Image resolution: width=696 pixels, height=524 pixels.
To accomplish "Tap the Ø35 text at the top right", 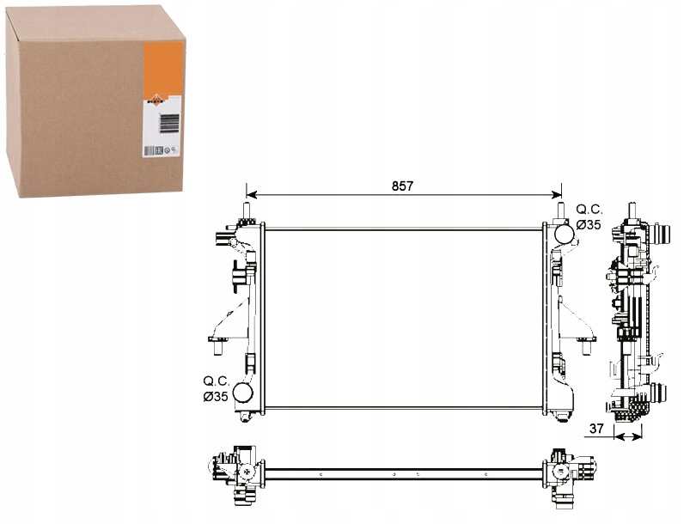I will [x=589, y=225].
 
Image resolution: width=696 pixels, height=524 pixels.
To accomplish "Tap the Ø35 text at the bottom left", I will [x=216, y=396].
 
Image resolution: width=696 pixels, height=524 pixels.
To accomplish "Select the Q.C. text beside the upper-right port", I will [x=589, y=209].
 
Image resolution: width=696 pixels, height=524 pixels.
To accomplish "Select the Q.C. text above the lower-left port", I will [x=216, y=380].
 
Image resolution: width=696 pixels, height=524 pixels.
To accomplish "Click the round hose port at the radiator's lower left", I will [x=245, y=393].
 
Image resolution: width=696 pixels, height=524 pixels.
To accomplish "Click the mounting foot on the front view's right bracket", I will [x=587, y=346].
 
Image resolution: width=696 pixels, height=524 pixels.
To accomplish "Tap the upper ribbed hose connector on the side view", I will [x=661, y=234].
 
